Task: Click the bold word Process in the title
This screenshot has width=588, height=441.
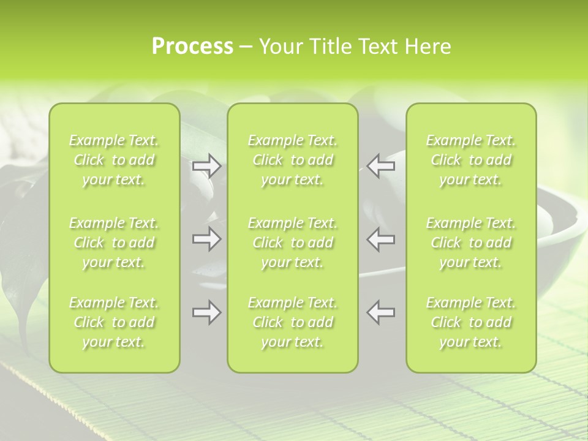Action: [x=192, y=47]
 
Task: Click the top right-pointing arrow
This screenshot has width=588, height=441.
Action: [x=206, y=165]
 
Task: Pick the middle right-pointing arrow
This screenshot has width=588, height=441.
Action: [x=206, y=239]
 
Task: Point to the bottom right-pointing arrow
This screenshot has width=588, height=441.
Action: [x=206, y=312]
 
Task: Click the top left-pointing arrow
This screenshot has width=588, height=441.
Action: [x=380, y=165]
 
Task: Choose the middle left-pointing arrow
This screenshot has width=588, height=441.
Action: [x=380, y=239]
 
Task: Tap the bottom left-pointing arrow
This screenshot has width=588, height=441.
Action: [x=380, y=312]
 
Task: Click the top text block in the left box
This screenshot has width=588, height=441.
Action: [x=114, y=160]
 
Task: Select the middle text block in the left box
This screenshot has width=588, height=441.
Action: [x=114, y=243]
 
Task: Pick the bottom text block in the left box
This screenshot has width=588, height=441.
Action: [x=114, y=322]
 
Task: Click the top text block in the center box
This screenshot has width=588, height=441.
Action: [x=292, y=160]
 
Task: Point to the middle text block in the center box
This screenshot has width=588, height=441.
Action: [x=292, y=243]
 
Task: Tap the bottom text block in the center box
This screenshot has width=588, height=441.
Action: [x=292, y=322]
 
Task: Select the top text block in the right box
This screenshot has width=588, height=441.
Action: [x=470, y=160]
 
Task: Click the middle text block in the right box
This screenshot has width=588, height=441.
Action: [x=470, y=243]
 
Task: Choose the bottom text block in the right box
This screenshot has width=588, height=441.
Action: [x=470, y=322]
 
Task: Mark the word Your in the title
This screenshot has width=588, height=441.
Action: [x=279, y=47]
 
